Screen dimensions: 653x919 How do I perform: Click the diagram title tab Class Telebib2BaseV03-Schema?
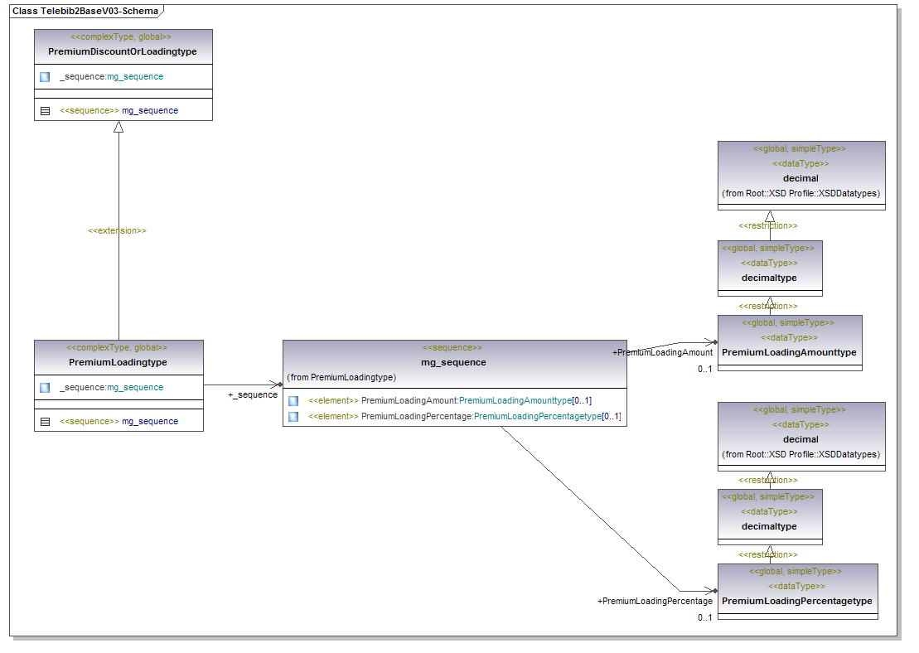coord(85,12)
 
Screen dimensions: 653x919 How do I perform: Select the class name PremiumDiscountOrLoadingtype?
coord(123,51)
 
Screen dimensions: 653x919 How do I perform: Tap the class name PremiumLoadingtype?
coord(118,362)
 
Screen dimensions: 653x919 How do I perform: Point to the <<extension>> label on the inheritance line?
coord(117,230)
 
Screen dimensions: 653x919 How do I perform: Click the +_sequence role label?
coord(253,394)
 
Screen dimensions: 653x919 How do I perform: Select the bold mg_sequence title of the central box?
coord(453,362)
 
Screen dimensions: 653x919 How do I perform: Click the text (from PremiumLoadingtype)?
coord(341,377)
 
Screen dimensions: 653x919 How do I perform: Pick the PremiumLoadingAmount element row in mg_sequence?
coord(449,400)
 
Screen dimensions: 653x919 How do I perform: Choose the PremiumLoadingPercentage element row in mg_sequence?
coord(464,416)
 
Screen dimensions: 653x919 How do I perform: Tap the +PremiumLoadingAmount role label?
coord(662,352)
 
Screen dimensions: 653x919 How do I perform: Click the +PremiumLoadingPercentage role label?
coord(655,601)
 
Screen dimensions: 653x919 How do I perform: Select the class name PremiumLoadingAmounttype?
coord(789,352)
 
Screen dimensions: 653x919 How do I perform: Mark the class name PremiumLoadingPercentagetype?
coord(797,601)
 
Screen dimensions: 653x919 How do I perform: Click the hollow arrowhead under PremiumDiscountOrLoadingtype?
coord(119,127)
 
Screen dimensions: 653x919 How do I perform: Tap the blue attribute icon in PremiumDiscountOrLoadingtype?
coord(45,76)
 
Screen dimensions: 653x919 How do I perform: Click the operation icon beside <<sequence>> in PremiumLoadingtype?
coord(45,421)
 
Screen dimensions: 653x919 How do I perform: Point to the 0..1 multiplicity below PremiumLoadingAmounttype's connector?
coord(704,370)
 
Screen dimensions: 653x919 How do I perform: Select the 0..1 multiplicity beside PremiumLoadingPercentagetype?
coord(704,617)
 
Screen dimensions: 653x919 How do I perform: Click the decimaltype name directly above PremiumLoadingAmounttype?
coord(769,278)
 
